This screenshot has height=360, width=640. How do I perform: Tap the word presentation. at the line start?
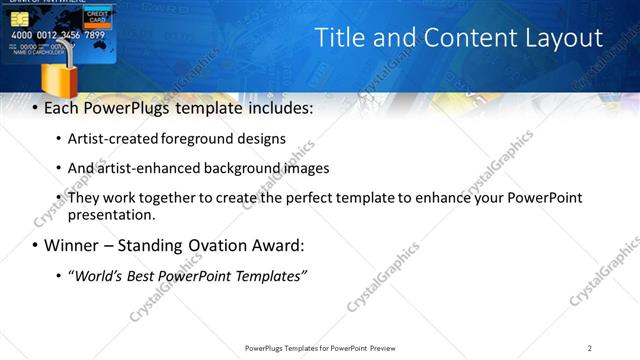pyautogui.click(x=112, y=214)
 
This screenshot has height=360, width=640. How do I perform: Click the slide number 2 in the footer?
pyautogui.click(x=590, y=348)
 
